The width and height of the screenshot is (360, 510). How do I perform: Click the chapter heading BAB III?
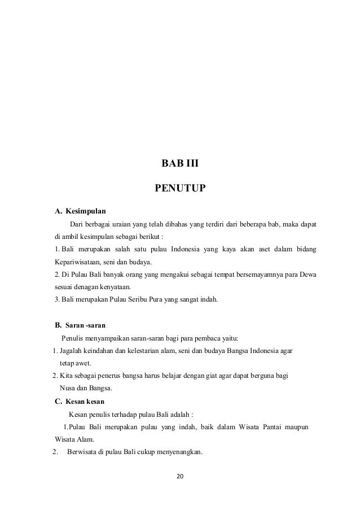[180, 164]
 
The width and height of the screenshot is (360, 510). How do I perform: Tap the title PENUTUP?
[180, 187]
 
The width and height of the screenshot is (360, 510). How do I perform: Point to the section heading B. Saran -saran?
[80, 325]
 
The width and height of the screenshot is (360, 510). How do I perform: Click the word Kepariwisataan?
[77, 262]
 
